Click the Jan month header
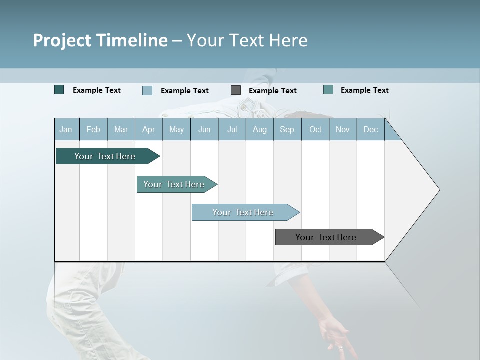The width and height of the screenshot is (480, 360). [x=66, y=129]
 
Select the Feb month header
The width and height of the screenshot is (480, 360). [x=93, y=129]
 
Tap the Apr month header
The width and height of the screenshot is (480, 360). [x=148, y=129]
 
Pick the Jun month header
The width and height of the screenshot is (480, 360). [x=204, y=129]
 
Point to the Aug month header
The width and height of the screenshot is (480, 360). [x=259, y=129]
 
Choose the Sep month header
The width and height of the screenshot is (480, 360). [x=287, y=129]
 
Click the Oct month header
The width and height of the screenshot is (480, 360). [x=315, y=129]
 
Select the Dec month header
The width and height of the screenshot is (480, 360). [x=370, y=129]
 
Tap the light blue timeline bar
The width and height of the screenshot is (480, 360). [x=244, y=212]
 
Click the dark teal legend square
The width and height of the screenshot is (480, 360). [x=59, y=90]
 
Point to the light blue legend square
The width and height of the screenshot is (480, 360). [x=147, y=90]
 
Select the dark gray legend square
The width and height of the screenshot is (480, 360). [x=236, y=90]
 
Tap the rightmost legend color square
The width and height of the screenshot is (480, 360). [x=328, y=90]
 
